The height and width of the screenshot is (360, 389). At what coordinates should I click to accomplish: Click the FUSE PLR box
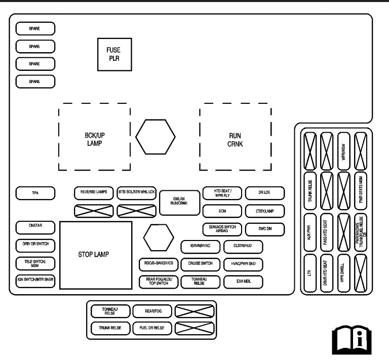[x=114, y=54]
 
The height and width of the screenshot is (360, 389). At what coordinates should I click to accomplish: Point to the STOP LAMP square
[x=96, y=254]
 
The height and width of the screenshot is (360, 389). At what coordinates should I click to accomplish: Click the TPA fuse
[x=35, y=193]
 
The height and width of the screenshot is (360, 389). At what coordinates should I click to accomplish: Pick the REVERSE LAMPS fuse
[x=94, y=192]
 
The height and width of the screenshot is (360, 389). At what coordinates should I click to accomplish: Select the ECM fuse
[x=222, y=211]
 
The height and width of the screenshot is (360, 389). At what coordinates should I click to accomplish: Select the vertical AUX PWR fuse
[x=309, y=233]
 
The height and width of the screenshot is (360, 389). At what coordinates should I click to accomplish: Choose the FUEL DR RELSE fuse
[x=152, y=328]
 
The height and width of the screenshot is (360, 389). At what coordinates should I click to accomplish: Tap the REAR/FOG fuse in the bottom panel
[x=152, y=311]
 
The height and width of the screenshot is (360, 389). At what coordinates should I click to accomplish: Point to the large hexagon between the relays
[x=157, y=137]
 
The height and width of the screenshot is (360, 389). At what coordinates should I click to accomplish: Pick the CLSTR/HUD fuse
[x=244, y=247]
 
